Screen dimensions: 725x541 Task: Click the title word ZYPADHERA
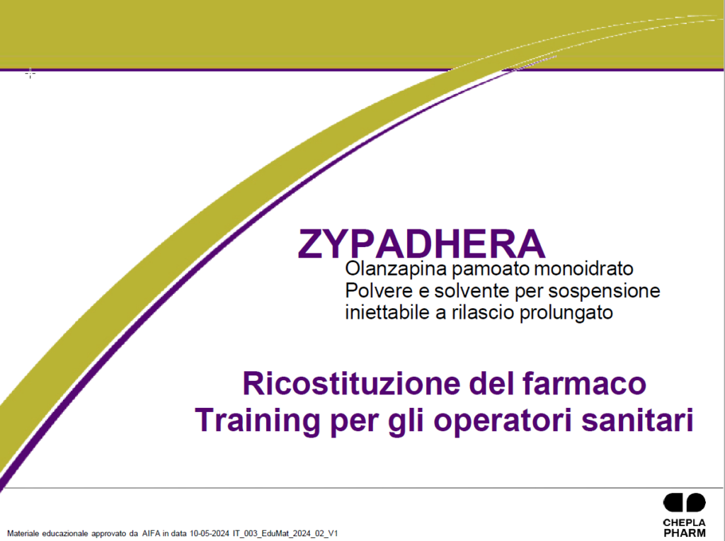(x=422, y=244)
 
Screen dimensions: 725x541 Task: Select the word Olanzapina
(x=396, y=268)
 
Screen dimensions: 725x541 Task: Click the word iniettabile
(x=388, y=312)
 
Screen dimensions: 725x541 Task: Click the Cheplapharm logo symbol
(x=685, y=503)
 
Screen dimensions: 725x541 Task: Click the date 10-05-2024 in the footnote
(x=210, y=534)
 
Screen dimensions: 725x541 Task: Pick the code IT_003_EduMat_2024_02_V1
(x=285, y=534)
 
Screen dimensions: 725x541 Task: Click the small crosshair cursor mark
(x=30, y=73)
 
